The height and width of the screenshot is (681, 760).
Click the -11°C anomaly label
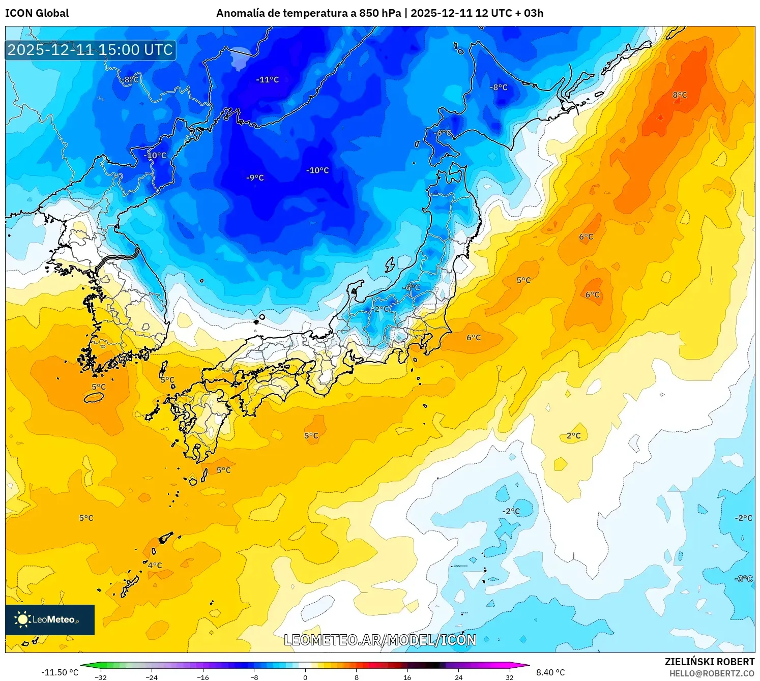(268, 80)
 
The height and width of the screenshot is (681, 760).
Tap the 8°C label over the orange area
(680, 95)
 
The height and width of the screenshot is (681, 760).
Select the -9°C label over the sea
(255, 177)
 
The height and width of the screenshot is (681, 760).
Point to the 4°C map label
(155, 565)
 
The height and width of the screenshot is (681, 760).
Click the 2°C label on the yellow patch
(573, 436)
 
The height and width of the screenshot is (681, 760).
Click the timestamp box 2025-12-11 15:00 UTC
(91, 50)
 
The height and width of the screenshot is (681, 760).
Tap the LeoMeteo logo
(50, 619)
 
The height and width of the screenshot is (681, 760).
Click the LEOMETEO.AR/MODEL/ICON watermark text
(380, 640)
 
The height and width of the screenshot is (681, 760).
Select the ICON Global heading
(37, 13)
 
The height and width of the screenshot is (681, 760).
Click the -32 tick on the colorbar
(101, 677)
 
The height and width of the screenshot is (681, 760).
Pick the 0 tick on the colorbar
(305, 677)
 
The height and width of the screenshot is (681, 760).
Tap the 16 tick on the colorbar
(407, 677)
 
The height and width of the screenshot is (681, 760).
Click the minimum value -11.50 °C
(60, 672)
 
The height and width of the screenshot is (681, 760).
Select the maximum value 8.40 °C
(550, 672)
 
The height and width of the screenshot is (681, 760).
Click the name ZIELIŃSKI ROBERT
(710, 662)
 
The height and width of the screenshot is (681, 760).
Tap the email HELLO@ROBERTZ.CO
(712, 673)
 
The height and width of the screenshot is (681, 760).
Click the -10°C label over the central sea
(317, 170)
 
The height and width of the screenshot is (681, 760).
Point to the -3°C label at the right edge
(744, 579)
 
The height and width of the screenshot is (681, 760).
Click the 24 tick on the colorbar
(458, 677)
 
